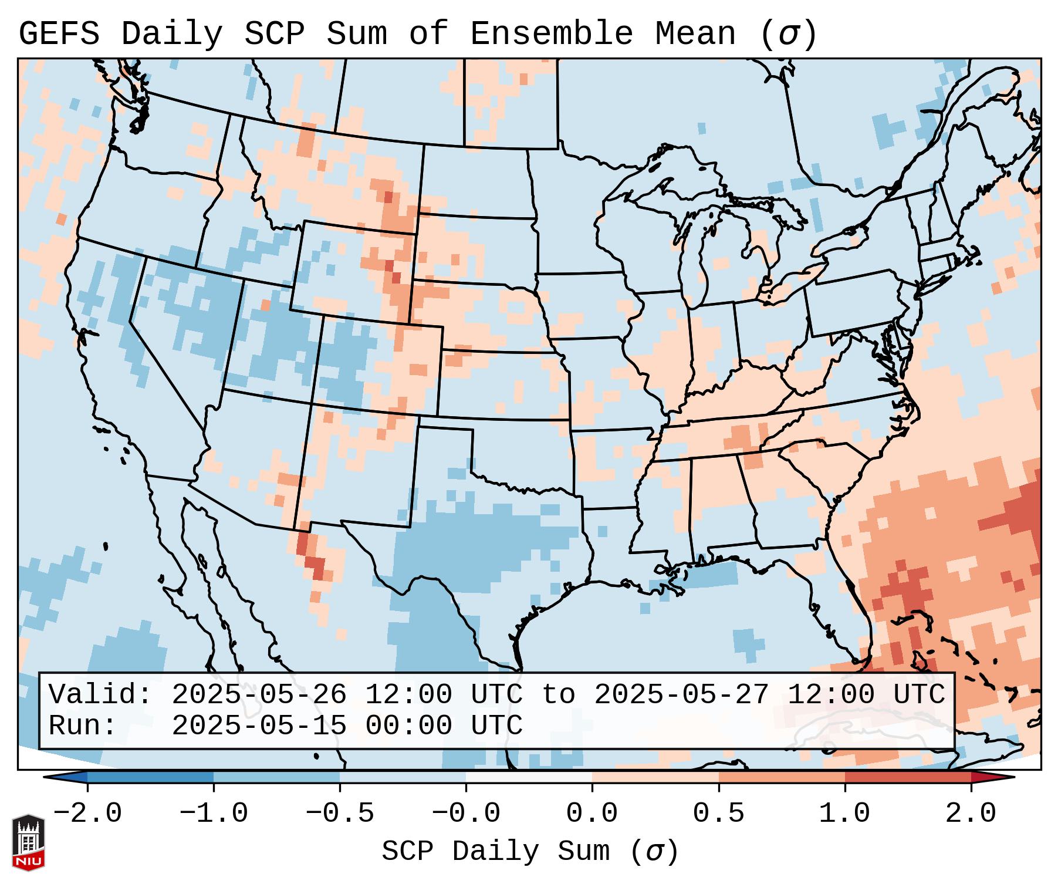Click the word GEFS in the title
[x=59, y=34]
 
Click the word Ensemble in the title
[x=551, y=34]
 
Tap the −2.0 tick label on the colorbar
[x=87, y=814]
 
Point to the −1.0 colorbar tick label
[x=214, y=814]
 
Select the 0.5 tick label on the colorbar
[x=718, y=814]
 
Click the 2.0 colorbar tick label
[x=971, y=814]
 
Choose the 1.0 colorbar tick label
[x=844, y=814]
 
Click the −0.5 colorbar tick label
[x=340, y=814]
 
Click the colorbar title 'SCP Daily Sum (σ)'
[x=530, y=852]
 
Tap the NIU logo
[x=28, y=842]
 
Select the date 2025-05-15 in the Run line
[x=259, y=726]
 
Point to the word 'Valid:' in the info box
[x=100, y=695]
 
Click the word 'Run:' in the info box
[x=82, y=726]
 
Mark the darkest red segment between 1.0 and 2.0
[x=907, y=777]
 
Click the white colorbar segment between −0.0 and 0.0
[x=529, y=777]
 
